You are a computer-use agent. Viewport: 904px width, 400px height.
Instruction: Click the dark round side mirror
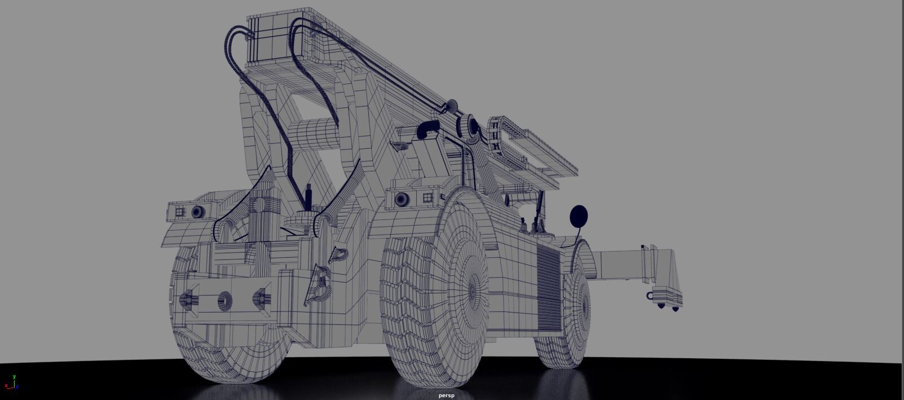pyautogui.click(x=579, y=216)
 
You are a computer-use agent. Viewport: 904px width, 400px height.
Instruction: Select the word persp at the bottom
pyautogui.click(x=446, y=395)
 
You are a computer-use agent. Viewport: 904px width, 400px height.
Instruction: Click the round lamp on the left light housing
pyautogui.click(x=197, y=212)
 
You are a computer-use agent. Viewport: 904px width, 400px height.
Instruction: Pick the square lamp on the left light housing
pyautogui.click(x=180, y=212)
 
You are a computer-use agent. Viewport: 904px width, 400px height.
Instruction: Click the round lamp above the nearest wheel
pyautogui.click(x=402, y=199)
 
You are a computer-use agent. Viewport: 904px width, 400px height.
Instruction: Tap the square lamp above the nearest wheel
pyautogui.click(x=427, y=197)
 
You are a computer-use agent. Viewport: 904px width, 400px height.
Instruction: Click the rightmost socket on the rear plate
pyautogui.click(x=261, y=297)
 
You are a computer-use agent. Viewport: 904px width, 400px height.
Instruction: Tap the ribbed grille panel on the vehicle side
pyautogui.click(x=548, y=288)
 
